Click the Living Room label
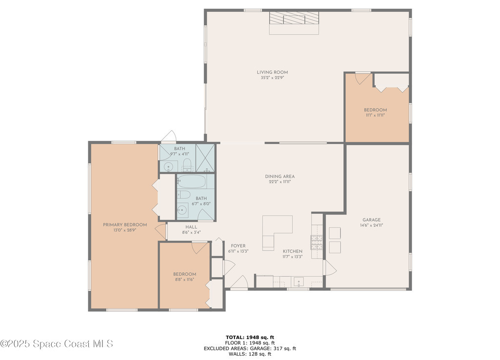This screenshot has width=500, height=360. (272, 72)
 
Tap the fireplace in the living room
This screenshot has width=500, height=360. (294, 23)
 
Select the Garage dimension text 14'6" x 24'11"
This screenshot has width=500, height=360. (372, 225)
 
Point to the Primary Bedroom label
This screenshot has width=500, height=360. (125, 224)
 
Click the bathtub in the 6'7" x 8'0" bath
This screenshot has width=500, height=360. (191, 181)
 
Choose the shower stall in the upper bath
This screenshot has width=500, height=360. (205, 158)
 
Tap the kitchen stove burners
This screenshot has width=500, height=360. (316, 242)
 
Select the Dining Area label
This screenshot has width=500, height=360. (280, 176)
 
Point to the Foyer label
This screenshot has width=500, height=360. (238, 246)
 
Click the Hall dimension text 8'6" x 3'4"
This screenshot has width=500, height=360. (191, 233)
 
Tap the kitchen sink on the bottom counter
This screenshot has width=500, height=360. (299, 282)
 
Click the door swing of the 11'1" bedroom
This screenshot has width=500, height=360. (363, 79)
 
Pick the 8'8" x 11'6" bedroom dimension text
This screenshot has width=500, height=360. (185, 280)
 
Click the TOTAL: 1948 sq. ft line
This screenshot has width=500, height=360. (250, 337)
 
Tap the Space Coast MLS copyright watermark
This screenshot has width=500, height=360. (57, 344)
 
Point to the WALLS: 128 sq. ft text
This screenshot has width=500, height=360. (250, 354)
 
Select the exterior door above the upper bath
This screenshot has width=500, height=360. (169, 137)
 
